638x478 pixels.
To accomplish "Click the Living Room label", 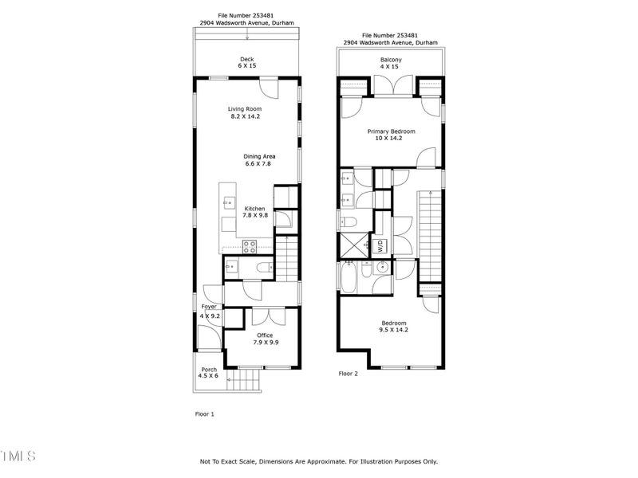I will tap(245, 109).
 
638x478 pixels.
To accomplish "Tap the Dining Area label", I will tap(258, 156).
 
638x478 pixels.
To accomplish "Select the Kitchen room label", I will tap(255, 209).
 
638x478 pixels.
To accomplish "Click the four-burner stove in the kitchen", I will tap(249, 246).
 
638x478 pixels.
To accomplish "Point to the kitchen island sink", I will tap(227, 200).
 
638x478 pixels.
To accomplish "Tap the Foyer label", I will tap(209, 307).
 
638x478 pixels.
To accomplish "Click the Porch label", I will tap(209, 370).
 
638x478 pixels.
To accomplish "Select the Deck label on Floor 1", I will tap(247, 59).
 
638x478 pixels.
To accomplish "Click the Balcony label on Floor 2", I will tap(391, 60).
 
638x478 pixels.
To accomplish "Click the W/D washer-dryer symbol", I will tap(380, 245).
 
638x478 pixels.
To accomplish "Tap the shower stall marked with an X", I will tap(351, 245).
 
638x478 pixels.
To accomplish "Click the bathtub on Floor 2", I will tap(350, 277).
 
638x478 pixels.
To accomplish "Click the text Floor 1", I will tap(205, 414).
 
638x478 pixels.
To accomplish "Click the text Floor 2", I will tap(349, 373).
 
